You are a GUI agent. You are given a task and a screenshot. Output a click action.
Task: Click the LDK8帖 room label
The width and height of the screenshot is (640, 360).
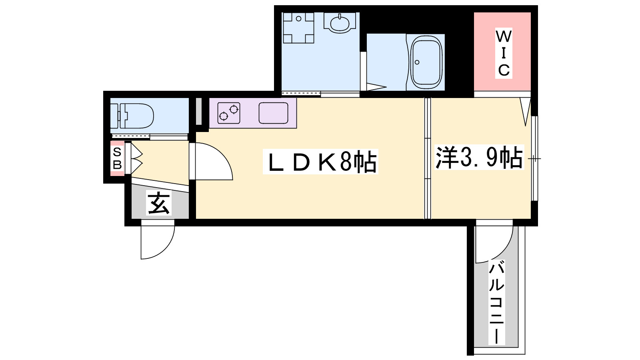pyautogui.click(x=320, y=162)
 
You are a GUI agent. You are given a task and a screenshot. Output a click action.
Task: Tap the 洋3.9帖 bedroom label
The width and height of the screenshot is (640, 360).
pyautogui.click(x=479, y=157)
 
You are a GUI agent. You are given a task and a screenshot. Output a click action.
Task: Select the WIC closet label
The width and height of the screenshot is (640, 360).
pyautogui.click(x=504, y=53)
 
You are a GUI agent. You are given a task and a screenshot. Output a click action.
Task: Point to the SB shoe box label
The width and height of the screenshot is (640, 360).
pyautogui.click(x=117, y=158)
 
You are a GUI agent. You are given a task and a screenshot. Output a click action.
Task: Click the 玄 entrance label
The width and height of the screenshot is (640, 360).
pyautogui.click(x=158, y=202)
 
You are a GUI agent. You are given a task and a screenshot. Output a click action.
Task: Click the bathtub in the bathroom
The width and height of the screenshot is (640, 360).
pyautogui.click(x=426, y=62)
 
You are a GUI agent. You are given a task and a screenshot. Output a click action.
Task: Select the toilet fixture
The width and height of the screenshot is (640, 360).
pyautogui.click(x=132, y=116)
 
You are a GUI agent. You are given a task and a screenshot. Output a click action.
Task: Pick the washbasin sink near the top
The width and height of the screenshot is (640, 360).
pyautogui.click(x=339, y=23)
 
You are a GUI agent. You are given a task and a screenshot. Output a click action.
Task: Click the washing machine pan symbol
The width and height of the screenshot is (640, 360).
pyautogui.click(x=298, y=28)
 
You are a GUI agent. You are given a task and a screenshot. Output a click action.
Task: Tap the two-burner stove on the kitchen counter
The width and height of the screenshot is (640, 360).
pyautogui.click(x=228, y=113)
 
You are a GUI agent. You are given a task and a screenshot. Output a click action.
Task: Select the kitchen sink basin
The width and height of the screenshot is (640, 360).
pyautogui.click(x=274, y=113)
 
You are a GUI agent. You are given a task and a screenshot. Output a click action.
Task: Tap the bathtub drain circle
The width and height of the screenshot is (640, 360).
pyautogui.click(x=417, y=62)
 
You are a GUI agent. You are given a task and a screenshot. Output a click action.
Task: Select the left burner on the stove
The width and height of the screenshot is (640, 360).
pyautogui.click(x=224, y=116)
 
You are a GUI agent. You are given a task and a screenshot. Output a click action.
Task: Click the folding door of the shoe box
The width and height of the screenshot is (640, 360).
pyautogui.click(x=134, y=158)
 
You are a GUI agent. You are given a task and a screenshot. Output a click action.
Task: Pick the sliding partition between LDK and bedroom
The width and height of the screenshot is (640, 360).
pyautogui.click(x=427, y=158)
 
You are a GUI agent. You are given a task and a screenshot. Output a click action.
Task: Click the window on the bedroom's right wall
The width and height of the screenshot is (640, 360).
pyautogui.click(x=534, y=158)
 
